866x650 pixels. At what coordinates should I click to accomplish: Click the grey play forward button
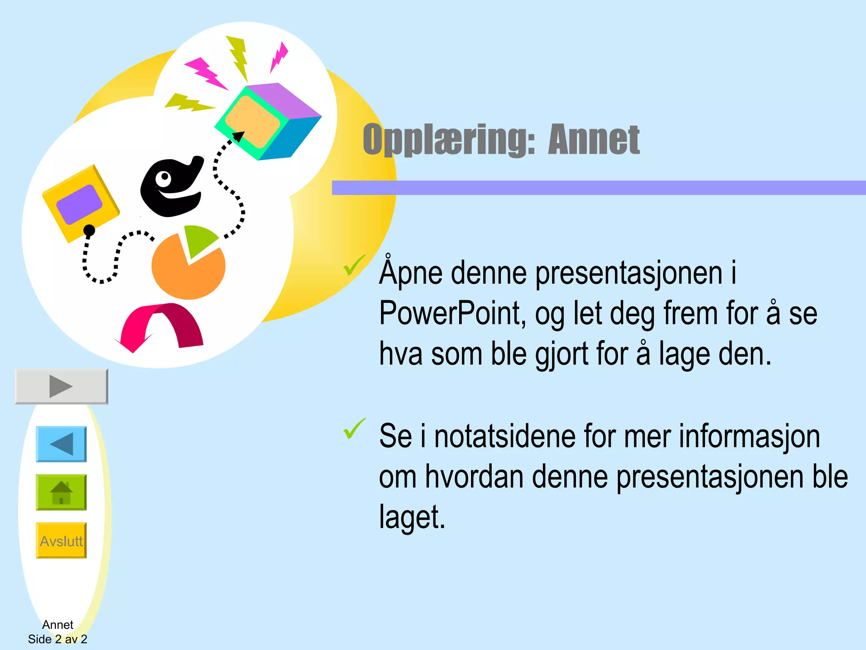(x=61, y=386)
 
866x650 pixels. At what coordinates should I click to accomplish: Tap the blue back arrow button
(x=61, y=444)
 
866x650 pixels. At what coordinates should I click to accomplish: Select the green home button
(x=61, y=492)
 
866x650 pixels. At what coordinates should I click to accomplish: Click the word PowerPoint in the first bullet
(x=452, y=313)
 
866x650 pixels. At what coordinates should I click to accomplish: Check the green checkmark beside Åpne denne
(x=354, y=265)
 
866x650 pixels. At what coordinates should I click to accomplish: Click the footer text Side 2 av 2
(x=58, y=639)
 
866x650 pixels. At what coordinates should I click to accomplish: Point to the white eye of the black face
(x=163, y=179)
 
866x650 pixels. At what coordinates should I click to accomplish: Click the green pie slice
(x=198, y=239)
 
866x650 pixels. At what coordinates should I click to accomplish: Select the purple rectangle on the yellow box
(x=79, y=204)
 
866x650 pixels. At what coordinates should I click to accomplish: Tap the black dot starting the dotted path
(x=89, y=230)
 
